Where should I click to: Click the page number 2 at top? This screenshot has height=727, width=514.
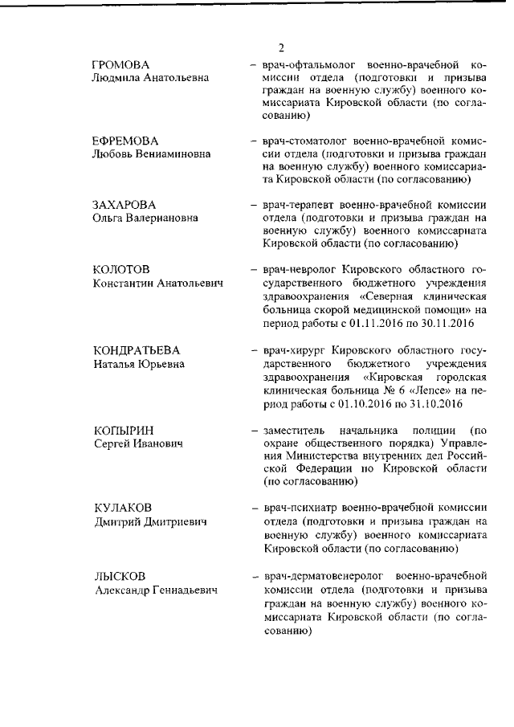coord(281,46)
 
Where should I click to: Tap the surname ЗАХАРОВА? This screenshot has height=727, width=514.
coord(124,204)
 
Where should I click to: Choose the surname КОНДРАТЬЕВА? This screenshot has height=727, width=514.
coord(136,351)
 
